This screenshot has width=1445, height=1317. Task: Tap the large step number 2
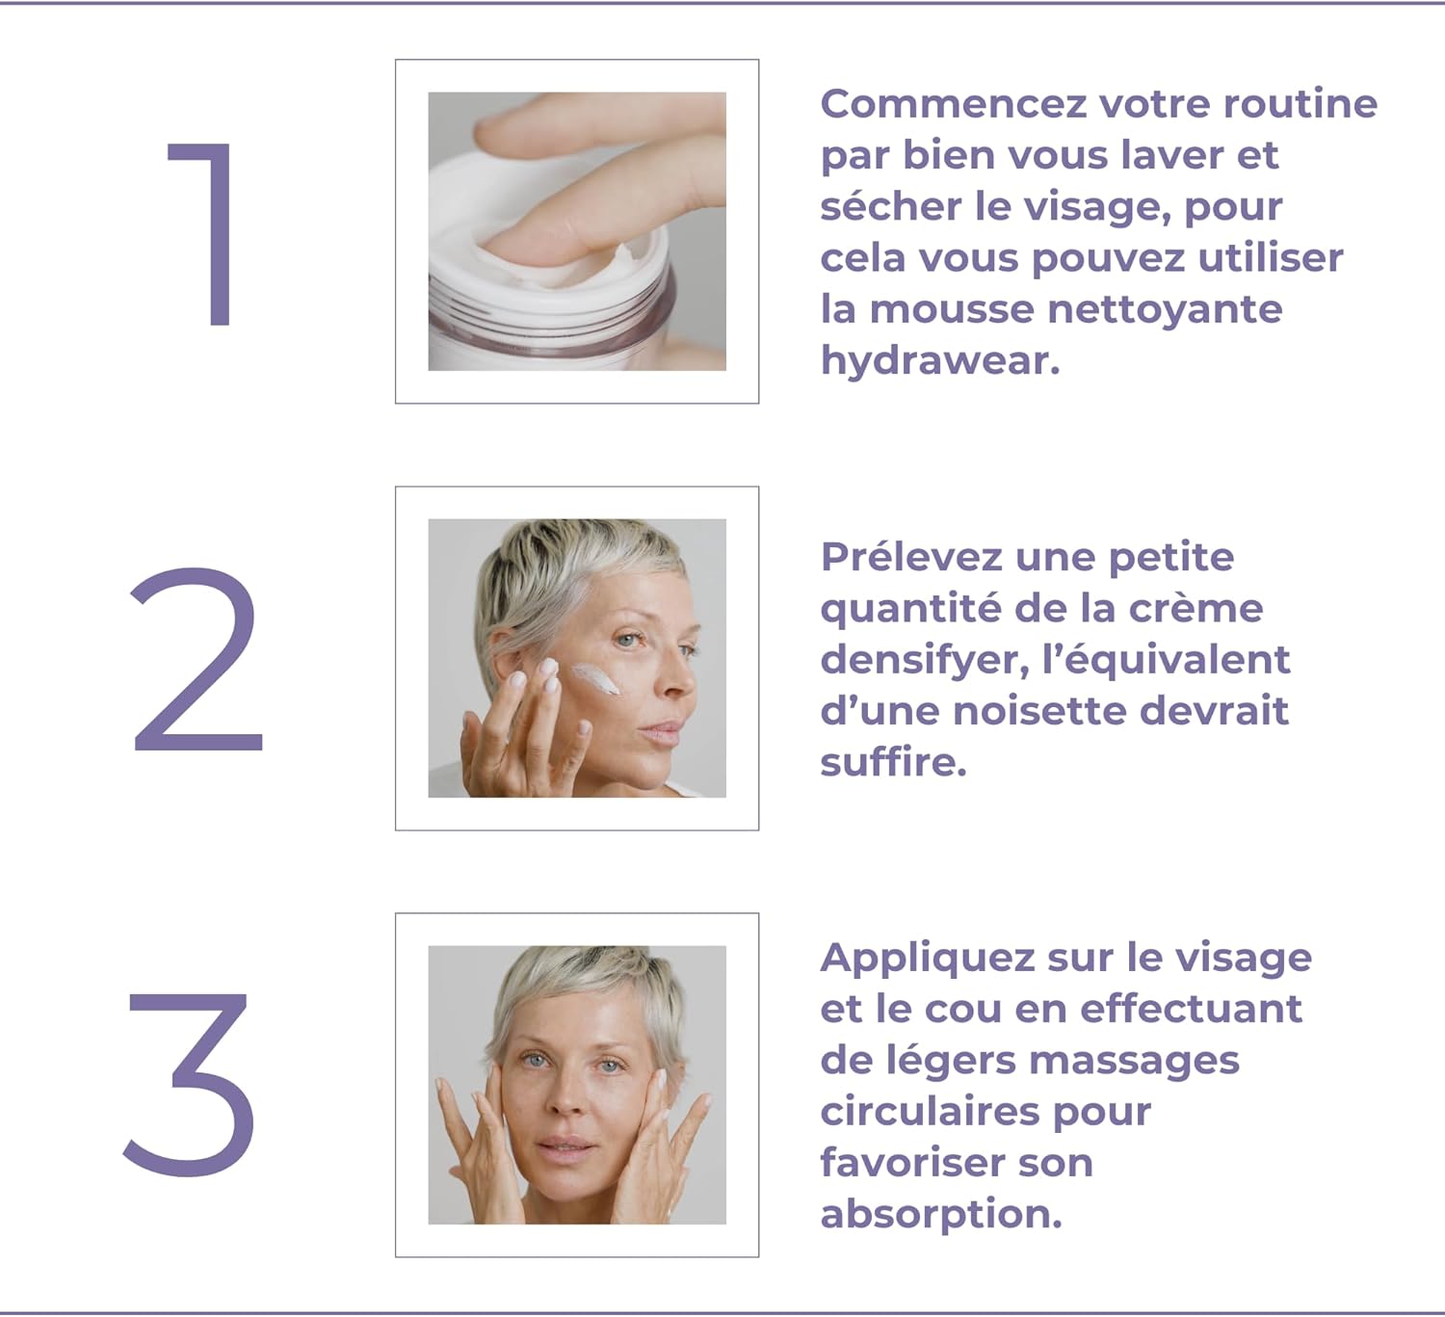(x=197, y=659)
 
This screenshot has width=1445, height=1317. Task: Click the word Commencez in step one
(x=953, y=103)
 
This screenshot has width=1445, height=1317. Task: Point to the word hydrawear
(x=940, y=360)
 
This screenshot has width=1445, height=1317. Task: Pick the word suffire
(x=893, y=761)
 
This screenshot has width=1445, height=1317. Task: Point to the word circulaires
(x=930, y=1112)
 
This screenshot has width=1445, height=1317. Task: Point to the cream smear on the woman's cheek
(x=595, y=679)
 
